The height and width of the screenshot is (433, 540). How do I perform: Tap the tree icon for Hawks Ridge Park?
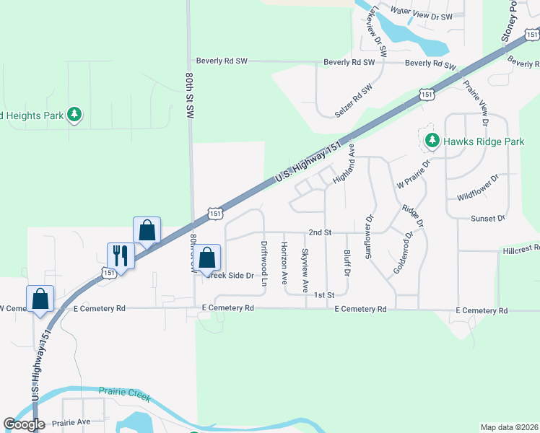(x=432, y=139)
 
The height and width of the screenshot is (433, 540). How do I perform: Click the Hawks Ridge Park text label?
(x=484, y=142)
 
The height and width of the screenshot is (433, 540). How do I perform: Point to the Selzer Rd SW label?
(x=353, y=101)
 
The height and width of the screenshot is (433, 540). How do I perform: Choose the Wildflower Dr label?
(x=478, y=188)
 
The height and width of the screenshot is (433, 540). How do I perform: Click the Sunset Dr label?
(x=485, y=219)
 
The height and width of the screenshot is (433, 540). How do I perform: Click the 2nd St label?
(x=319, y=232)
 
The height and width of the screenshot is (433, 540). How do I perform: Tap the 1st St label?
(x=325, y=295)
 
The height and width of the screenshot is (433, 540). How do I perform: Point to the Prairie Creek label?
(x=121, y=392)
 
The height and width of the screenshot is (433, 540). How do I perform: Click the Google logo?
(x=24, y=424)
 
